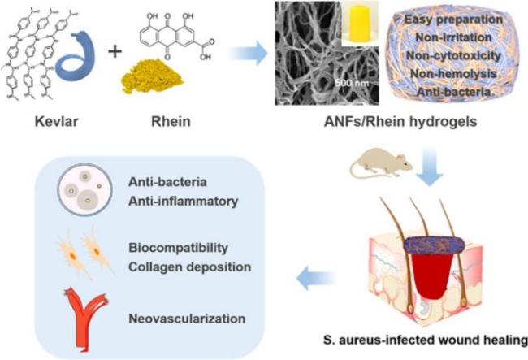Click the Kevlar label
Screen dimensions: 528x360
56,121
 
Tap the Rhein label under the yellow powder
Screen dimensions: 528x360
171,121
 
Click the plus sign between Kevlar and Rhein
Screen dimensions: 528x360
115,52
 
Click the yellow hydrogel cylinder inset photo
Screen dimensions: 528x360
361,24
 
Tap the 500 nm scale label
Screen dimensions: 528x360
352,83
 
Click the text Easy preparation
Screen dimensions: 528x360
453,20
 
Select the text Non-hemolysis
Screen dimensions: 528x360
453,73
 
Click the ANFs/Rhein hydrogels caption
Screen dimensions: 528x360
400,122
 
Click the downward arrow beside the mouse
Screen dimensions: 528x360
430,167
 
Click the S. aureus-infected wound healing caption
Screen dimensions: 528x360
426,340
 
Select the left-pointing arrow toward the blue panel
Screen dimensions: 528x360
316,278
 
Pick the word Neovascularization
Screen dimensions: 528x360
187,319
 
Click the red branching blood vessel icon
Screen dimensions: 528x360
85,317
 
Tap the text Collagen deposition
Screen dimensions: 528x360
190,267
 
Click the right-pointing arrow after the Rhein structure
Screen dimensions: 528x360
249,53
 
